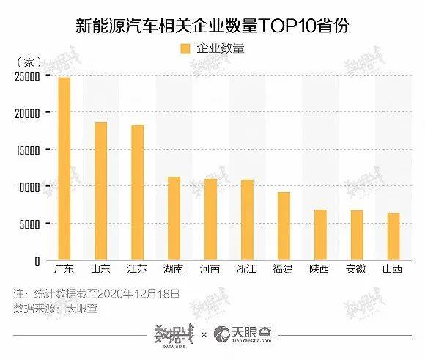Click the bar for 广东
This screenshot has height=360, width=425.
click(x=64, y=169)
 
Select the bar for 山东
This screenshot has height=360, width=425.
click(x=101, y=191)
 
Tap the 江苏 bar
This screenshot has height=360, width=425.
click(x=138, y=192)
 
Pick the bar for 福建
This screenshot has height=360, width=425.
click(x=284, y=226)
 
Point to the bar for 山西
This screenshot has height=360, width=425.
click(x=393, y=236)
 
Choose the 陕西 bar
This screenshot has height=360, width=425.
click(x=320, y=235)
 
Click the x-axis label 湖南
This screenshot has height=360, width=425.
click(x=173, y=269)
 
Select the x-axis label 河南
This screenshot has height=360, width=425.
click(x=210, y=269)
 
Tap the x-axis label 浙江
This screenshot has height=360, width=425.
click(x=246, y=269)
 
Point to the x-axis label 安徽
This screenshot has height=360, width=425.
click(x=356, y=269)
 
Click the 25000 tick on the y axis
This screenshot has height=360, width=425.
click(x=27, y=77)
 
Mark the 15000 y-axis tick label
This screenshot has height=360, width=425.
click(x=28, y=150)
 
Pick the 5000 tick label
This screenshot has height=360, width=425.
click(x=29, y=224)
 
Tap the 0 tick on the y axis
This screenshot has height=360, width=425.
click(x=37, y=262)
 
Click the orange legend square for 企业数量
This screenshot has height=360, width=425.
click(x=185, y=48)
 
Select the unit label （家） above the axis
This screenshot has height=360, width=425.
click(x=29, y=62)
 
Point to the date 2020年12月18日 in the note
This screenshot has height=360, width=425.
click(x=138, y=294)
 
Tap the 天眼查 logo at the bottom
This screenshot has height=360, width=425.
click(x=243, y=334)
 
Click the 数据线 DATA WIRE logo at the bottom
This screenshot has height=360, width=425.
click(x=174, y=335)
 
